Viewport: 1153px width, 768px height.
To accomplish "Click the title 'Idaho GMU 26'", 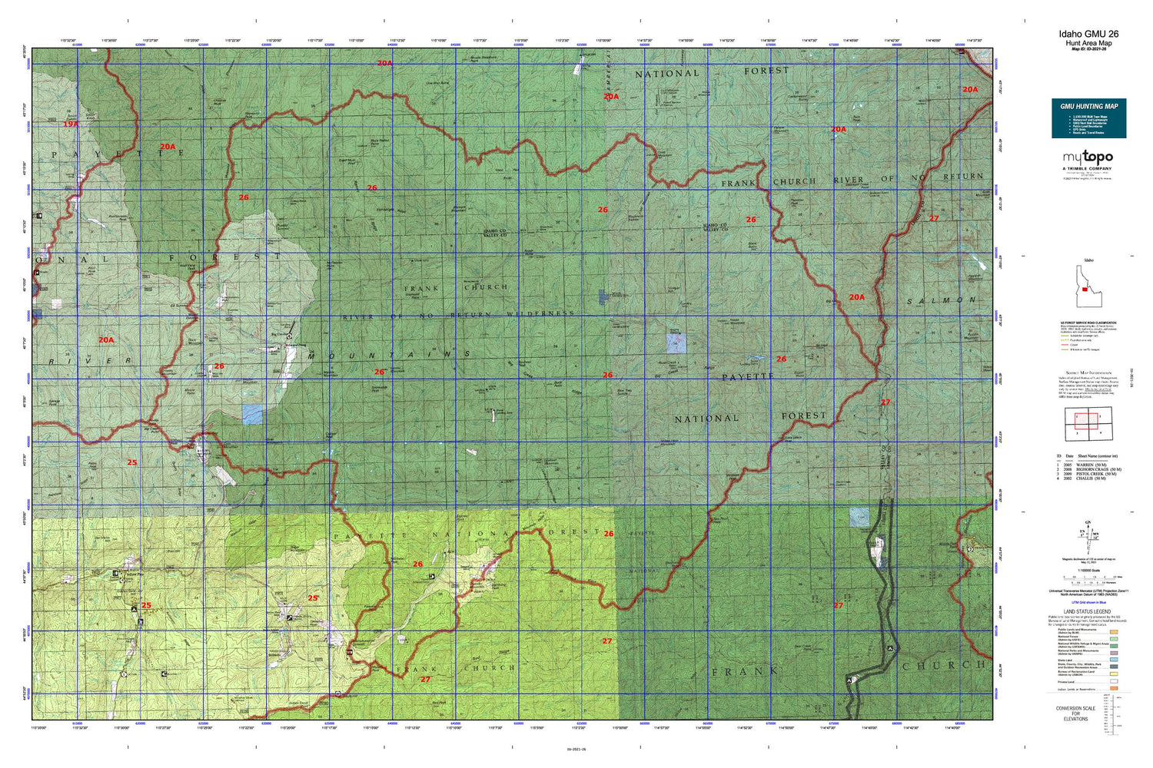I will pyautogui.click(x=1088, y=34).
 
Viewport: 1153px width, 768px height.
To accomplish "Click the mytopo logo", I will pyautogui.click(x=1088, y=157).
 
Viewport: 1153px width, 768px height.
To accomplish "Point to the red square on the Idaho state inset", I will pyautogui.click(x=1085, y=290).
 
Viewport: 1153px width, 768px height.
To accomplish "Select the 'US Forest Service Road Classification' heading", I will pyautogui.click(x=1088, y=323).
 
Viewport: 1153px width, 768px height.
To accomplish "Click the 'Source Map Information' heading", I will pyautogui.click(x=1087, y=372).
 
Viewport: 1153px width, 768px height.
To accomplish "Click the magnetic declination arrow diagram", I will pyautogui.click(x=1088, y=533).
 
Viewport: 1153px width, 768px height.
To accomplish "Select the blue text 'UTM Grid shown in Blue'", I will pyautogui.click(x=1088, y=603).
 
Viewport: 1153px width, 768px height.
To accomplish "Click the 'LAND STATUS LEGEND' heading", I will pyautogui.click(x=1088, y=611).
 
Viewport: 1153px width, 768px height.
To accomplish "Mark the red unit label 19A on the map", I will pyautogui.click(x=71, y=124).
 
